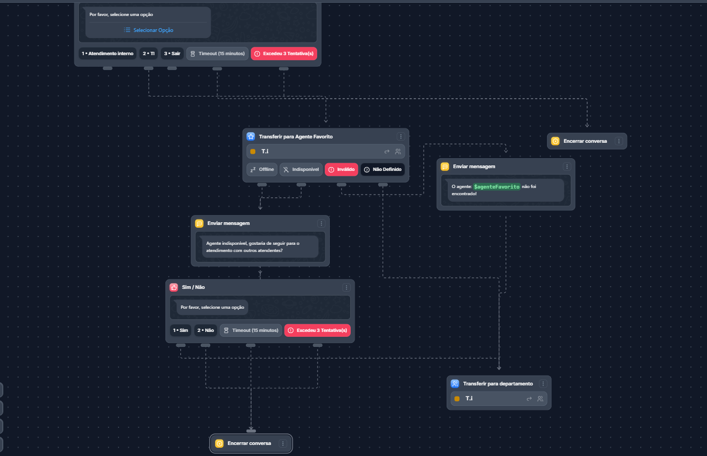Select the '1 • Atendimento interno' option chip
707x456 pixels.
point(108,53)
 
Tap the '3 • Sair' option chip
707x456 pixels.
point(172,53)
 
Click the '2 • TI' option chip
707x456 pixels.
point(149,53)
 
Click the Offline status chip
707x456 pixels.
point(262,169)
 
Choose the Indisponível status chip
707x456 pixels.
point(301,169)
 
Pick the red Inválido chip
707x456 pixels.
point(341,169)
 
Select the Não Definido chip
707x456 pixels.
point(383,169)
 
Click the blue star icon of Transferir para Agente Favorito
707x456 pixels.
point(251,136)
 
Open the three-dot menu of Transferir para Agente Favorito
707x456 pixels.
point(401,136)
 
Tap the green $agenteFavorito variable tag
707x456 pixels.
point(496,187)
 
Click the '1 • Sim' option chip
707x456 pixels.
point(180,330)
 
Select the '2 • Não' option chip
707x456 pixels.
point(206,330)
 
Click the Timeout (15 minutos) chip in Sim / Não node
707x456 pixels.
point(251,330)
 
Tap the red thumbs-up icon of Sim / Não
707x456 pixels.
point(174,287)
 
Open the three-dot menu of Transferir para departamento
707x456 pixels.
point(543,384)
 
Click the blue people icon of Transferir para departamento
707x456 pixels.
point(455,384)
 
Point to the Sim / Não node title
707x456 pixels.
point(193,287)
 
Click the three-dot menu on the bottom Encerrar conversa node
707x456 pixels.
point(283,444)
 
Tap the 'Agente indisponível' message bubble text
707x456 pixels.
point(253,247)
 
